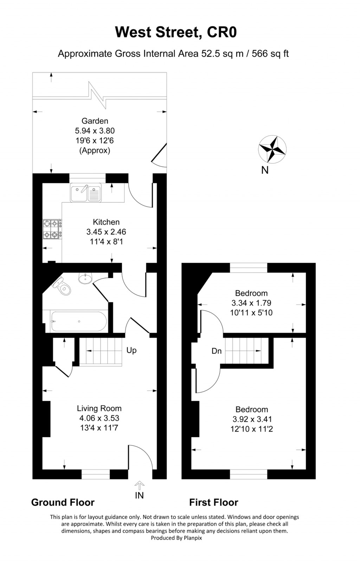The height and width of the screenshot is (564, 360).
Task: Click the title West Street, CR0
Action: coord(176,32)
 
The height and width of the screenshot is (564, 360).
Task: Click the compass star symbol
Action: coord(272,149)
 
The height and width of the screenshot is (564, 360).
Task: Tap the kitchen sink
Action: coord(86,193)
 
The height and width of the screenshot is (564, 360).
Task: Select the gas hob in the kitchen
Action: coord(51,229)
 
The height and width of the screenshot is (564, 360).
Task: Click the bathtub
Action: coord(79,322)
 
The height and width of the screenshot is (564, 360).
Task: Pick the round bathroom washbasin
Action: coord(85,278)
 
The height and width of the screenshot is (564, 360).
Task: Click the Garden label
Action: coord(95,121)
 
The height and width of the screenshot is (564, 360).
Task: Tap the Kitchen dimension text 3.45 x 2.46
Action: coord(106,232)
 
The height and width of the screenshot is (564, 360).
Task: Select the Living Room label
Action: coord(99,408)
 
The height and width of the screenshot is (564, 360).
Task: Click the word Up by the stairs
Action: coord(131,350)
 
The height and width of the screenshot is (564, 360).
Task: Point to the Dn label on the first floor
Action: coord(217,351)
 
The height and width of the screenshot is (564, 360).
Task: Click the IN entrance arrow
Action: coord(140,486)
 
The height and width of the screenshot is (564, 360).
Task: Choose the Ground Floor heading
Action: coord(63,503)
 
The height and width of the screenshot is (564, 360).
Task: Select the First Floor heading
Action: coord(214,503)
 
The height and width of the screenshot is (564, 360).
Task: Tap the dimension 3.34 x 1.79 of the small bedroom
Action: coord(251,303)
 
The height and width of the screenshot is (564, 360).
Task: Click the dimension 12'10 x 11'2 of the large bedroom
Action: coord(252,429)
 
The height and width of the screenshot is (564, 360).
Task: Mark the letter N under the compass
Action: coord(265,170)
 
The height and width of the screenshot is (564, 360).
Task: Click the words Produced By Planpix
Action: coord(176,538)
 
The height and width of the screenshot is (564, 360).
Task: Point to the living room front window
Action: coord(96,474)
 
